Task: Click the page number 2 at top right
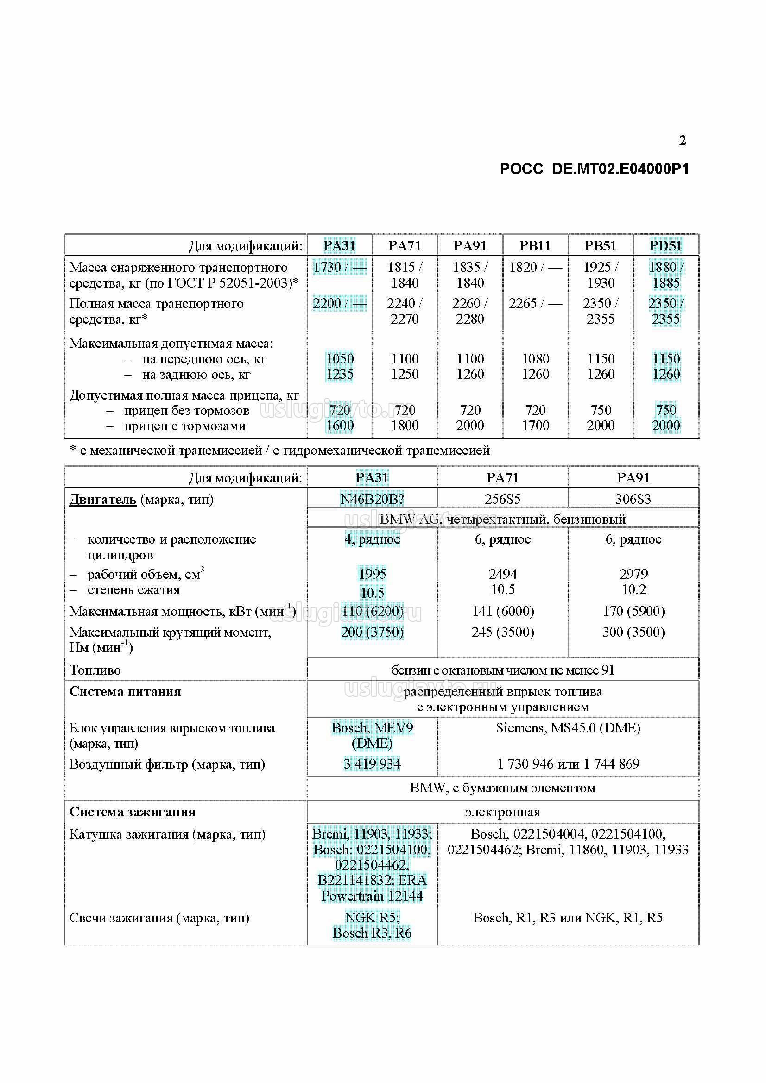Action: coord(682,140)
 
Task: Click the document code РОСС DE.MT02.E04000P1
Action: coord(594,169)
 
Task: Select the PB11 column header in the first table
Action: coord(535,246)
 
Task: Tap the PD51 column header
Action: coord(665,246)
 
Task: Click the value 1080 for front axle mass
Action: coord(535,358)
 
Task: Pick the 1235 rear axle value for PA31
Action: coord(340,374)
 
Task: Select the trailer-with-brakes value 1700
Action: coord(535,426)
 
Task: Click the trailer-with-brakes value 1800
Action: coord(405,426)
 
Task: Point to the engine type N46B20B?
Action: coord(372,499)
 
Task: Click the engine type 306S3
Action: coord(633,499)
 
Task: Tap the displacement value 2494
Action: coord(503,574)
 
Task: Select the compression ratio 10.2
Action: coord(633,589)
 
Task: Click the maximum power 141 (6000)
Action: coord(503,611)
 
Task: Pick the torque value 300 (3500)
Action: coord(633,632)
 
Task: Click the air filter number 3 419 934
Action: coord(372,764)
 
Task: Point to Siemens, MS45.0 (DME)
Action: coord(568,728)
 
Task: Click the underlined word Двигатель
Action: coord(103,499)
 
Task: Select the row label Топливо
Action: coord(95,670)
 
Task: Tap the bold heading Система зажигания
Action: coord(132,812)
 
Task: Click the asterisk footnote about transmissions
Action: coord(280,451)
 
